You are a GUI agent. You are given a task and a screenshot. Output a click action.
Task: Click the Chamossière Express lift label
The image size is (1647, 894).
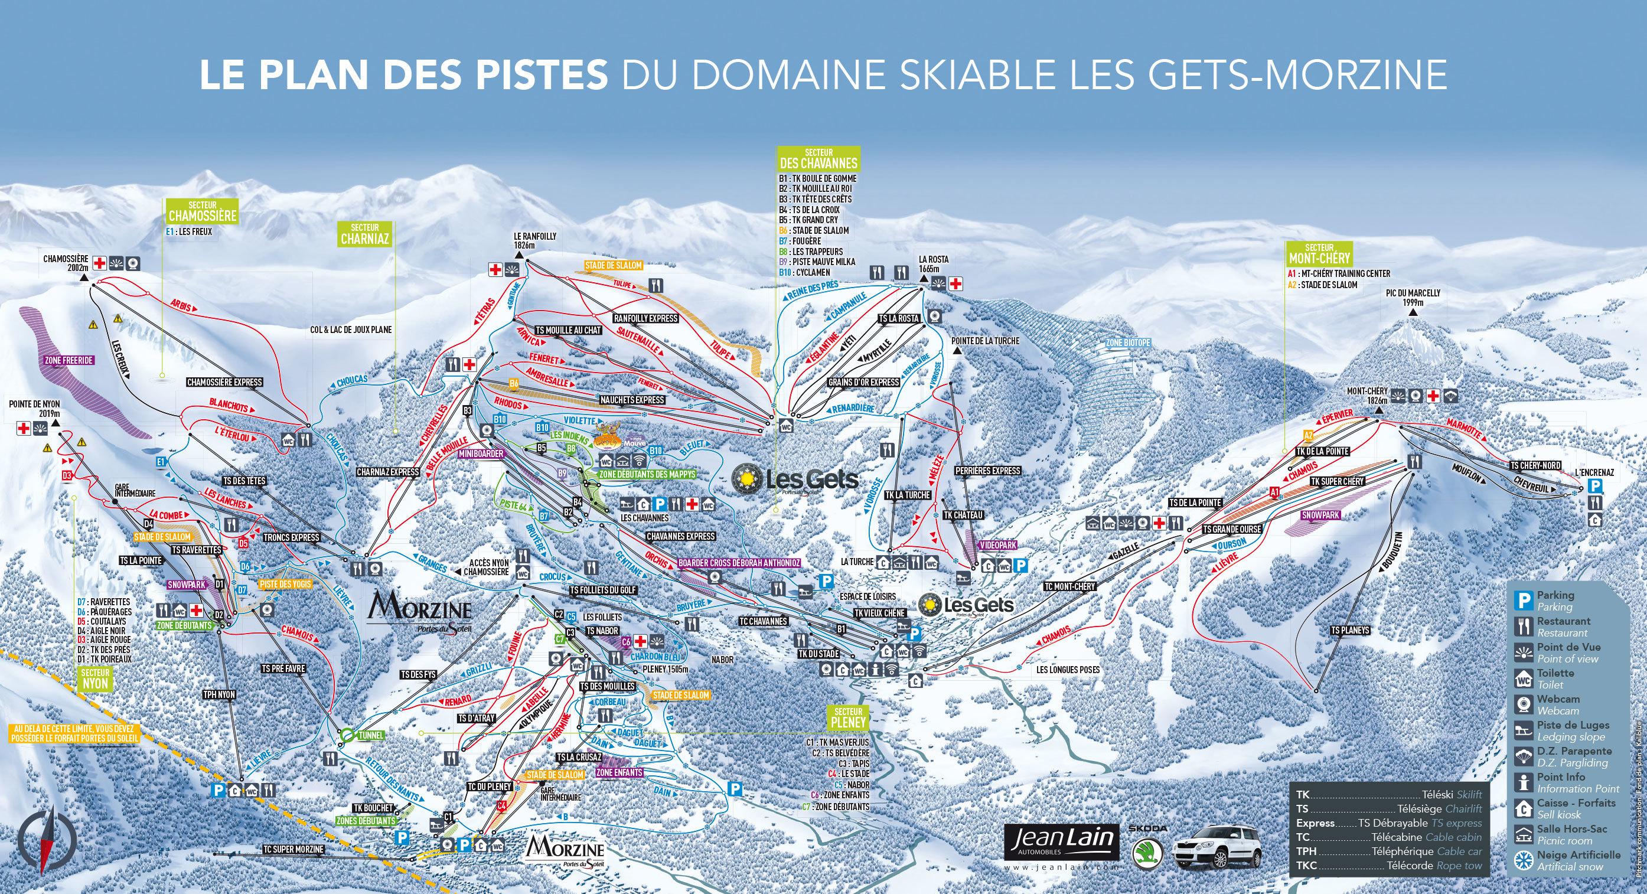click(x=224, y=383)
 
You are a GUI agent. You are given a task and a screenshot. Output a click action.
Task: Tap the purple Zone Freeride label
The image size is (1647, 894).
click(x=69, y=361)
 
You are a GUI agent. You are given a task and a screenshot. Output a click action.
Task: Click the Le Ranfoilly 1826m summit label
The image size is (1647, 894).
click(x=535, y=240)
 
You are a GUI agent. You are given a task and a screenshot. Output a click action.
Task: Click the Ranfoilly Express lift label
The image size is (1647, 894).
click(x=645, y=318)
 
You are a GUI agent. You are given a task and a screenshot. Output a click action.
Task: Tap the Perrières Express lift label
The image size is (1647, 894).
click(x=987, y=471)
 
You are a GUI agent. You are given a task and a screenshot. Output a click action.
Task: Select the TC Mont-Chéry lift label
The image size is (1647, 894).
click(x=1069, y=586)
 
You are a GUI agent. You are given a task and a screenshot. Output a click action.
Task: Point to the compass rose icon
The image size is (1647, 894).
click(x=45, y=843)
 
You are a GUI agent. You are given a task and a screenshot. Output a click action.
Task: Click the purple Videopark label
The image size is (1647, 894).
click(x=994, y=545)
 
